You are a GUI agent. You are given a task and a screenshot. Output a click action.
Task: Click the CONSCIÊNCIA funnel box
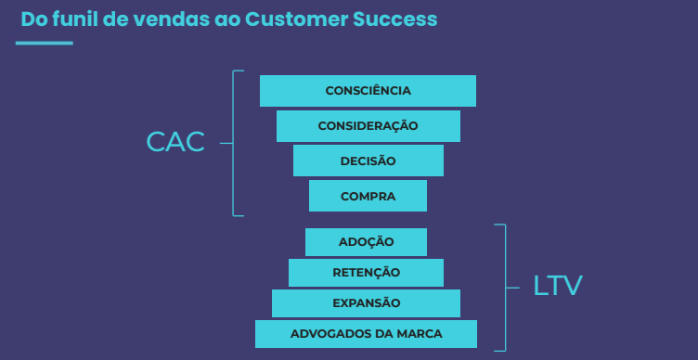[368, 91]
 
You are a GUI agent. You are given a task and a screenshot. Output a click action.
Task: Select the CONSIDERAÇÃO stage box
[368, 125]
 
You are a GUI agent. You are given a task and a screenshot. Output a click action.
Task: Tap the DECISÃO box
[368, 161]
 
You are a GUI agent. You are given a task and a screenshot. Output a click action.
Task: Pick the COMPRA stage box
[368, 196]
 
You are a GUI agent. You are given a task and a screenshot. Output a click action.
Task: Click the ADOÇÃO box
[366, 241]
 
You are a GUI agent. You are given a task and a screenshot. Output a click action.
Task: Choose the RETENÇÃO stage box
[366, 272]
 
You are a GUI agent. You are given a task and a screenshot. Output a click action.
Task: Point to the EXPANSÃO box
[366, 302]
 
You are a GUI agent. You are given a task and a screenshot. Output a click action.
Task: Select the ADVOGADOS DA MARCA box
[366, 333]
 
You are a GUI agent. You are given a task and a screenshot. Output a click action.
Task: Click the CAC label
[175, 142]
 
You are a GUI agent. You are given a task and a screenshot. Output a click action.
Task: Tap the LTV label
[558, 286]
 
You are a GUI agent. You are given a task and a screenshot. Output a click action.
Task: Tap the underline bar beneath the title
[45, 43]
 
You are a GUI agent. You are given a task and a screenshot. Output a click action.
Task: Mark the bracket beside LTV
[505, 287]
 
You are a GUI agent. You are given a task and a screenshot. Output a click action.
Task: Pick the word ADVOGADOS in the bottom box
[328, 333]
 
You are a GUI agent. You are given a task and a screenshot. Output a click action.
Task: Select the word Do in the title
[32, 19]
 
